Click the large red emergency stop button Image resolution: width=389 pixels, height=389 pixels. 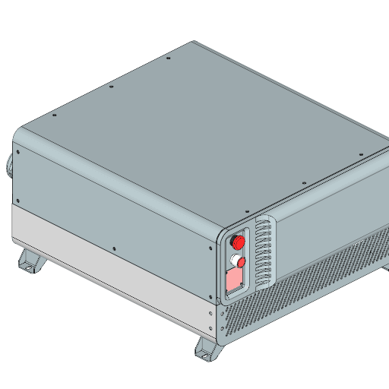pyautogui.click(x=238, y=242)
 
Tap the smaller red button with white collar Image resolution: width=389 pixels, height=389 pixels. pyautogui.click(x=242, y=261)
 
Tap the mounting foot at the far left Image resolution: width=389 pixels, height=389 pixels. pyautogui.click(x=30, y=262)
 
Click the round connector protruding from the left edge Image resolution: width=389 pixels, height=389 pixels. pyautogui.click(x=11, y=163)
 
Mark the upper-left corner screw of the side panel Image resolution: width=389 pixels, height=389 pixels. pyautogui.click(x=18, y=150)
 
